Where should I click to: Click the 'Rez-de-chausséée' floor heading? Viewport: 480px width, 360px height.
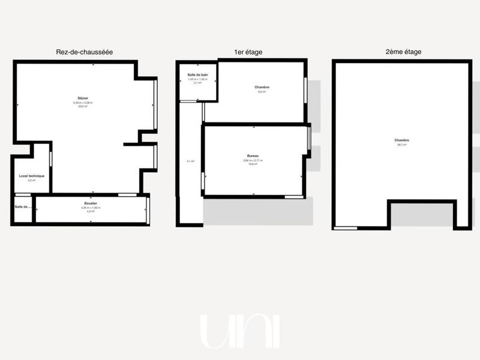[x=85, y=52]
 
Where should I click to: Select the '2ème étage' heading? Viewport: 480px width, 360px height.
[x=403, y=52]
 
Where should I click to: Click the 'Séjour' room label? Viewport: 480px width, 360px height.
[x=83, y=98]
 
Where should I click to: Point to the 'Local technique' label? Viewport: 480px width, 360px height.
[x=32, y=176]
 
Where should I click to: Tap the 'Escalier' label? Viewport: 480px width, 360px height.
[x=91, y=204]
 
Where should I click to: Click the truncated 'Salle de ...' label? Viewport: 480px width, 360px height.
[x=23, y=207]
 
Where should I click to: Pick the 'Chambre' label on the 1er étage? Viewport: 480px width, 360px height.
[x=262, y=88]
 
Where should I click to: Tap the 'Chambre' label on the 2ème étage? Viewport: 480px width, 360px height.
[x=402, y=140]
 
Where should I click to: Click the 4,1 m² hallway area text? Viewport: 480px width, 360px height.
[x=190, y=161]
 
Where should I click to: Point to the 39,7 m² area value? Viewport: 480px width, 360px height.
[x=402, y=145]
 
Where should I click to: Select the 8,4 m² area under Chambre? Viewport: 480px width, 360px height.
[x=262, y=92]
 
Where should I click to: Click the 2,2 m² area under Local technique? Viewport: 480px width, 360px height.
[x=32, y=180]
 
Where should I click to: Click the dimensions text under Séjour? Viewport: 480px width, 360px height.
[x=83, y=103]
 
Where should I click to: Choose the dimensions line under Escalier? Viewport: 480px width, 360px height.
[x=91, y=208]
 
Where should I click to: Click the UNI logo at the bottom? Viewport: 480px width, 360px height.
[x=239, y=331]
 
